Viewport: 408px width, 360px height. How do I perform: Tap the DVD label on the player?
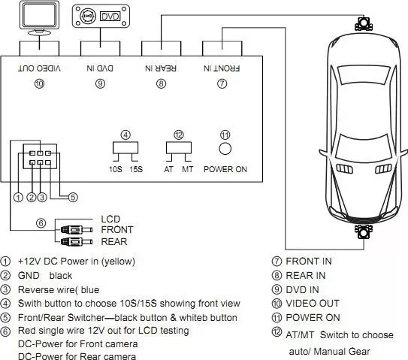coord(110,17)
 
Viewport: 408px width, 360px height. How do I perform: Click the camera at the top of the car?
coord(364,23)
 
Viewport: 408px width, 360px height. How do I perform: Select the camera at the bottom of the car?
coord(364,231)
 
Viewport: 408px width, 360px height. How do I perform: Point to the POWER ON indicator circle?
coord(225,149)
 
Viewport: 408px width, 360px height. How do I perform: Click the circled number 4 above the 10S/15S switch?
coord(125,135)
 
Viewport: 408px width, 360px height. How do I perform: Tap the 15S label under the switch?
coord(136,169)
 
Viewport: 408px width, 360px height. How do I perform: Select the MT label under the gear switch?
coord(187,169)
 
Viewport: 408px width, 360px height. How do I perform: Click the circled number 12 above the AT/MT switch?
coord(179,135)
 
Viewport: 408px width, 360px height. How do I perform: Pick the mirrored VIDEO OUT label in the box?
coord(40,68)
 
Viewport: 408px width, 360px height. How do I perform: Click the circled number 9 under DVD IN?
coord(100,83)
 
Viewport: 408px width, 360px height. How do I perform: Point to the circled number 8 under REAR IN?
coord(161,83)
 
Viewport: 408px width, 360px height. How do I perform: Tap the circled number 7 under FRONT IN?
coord(222,83)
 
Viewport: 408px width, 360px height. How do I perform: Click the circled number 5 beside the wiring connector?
coord(73,197)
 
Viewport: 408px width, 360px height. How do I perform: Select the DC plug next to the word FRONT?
coord(77,230)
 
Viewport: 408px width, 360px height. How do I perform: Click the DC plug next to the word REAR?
coord(77,242)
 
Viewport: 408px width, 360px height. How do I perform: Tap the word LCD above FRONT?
coord(110,219)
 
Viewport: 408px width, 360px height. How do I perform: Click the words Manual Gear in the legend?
coord(342,352)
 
